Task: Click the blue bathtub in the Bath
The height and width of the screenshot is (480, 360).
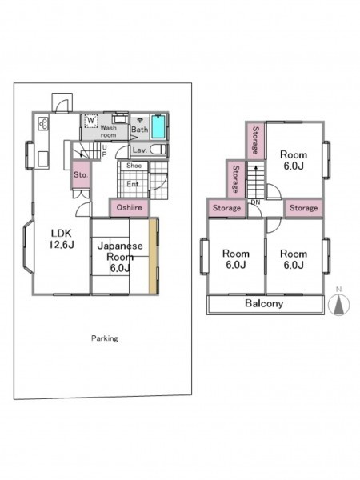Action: (158, 126)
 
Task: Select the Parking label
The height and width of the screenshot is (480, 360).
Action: (105, 338)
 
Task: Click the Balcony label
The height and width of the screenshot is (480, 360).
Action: (264, 303)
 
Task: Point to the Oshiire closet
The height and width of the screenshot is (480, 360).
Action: (129, 208)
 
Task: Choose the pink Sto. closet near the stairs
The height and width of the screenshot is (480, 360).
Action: (81, 174)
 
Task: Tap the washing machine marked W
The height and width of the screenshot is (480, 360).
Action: (90, 121)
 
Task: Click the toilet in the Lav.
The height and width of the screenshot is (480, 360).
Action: (158, 150)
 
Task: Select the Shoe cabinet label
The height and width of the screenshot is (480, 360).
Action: (134, 166)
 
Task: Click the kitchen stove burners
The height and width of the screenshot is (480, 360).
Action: (43, 123)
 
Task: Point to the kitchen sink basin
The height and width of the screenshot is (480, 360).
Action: (43, 159)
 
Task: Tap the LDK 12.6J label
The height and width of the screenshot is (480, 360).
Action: (62, 238)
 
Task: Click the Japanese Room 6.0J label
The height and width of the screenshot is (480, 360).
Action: (120, 257)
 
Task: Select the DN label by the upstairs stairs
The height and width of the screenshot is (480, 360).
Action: (255, 202)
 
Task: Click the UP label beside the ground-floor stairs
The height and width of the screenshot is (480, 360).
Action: (104, 150)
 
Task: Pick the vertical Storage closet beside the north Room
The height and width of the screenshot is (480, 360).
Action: (255, 141)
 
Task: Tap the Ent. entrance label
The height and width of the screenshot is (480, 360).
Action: (133, 184)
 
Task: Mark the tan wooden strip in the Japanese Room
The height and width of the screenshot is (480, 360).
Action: (153, 256)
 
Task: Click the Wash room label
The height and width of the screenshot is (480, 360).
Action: (108, 131)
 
